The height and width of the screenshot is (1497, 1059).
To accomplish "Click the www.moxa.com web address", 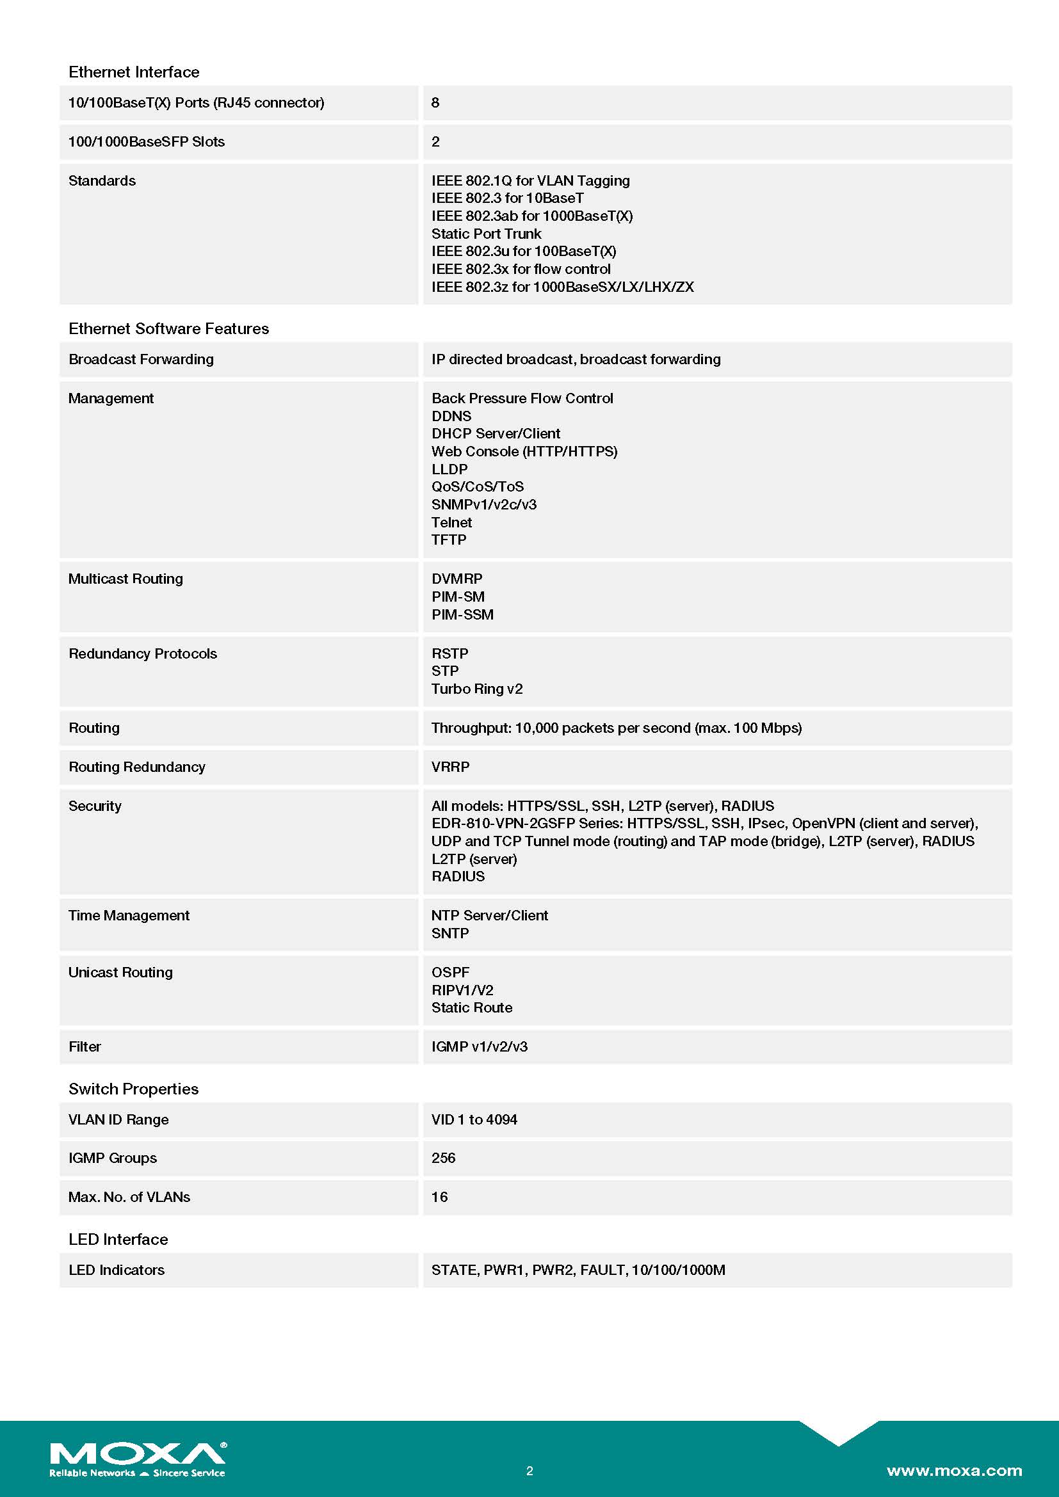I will click(x=954, y=1470).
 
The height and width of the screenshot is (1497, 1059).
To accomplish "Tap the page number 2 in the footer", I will click(x=529, y=1471).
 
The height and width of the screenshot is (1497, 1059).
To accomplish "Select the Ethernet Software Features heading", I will click(x=168, y=328).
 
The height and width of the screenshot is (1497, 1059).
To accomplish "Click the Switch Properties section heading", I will click(x=133, y=1089).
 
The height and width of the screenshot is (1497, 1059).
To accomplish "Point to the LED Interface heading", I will click(x=118, y=1240).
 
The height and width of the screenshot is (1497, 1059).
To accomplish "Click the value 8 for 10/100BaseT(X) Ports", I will click(x=435, y=103).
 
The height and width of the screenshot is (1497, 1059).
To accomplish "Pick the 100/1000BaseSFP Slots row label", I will click(x=146, y=142).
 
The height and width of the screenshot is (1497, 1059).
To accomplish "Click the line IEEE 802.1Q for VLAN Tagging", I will click(x=530, y=180).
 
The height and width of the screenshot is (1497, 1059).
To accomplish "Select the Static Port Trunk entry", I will click(x=486, y=234).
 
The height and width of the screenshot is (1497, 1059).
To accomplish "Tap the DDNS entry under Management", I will click(x=451, y=416).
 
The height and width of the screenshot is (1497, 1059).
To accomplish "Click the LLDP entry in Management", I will click(x=449, y=469).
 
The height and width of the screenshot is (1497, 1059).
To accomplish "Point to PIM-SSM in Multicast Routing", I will click(x=462, y=615).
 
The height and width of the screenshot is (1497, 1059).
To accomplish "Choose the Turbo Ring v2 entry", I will click(x=477, y=689).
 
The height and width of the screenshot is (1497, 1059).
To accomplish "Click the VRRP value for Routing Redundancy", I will click(x=450, y=767).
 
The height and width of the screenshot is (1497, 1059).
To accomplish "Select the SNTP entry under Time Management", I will click(x=450, y=934).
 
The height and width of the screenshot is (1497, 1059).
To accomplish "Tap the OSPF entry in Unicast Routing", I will click(x=450, y=973).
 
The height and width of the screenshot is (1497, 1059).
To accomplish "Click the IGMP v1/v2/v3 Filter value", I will click(x=480, y=1047).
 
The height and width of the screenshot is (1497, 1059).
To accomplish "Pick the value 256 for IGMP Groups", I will click(x=444, y=1158).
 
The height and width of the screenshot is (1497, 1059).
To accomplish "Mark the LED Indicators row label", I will click(x=116, y=1270).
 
